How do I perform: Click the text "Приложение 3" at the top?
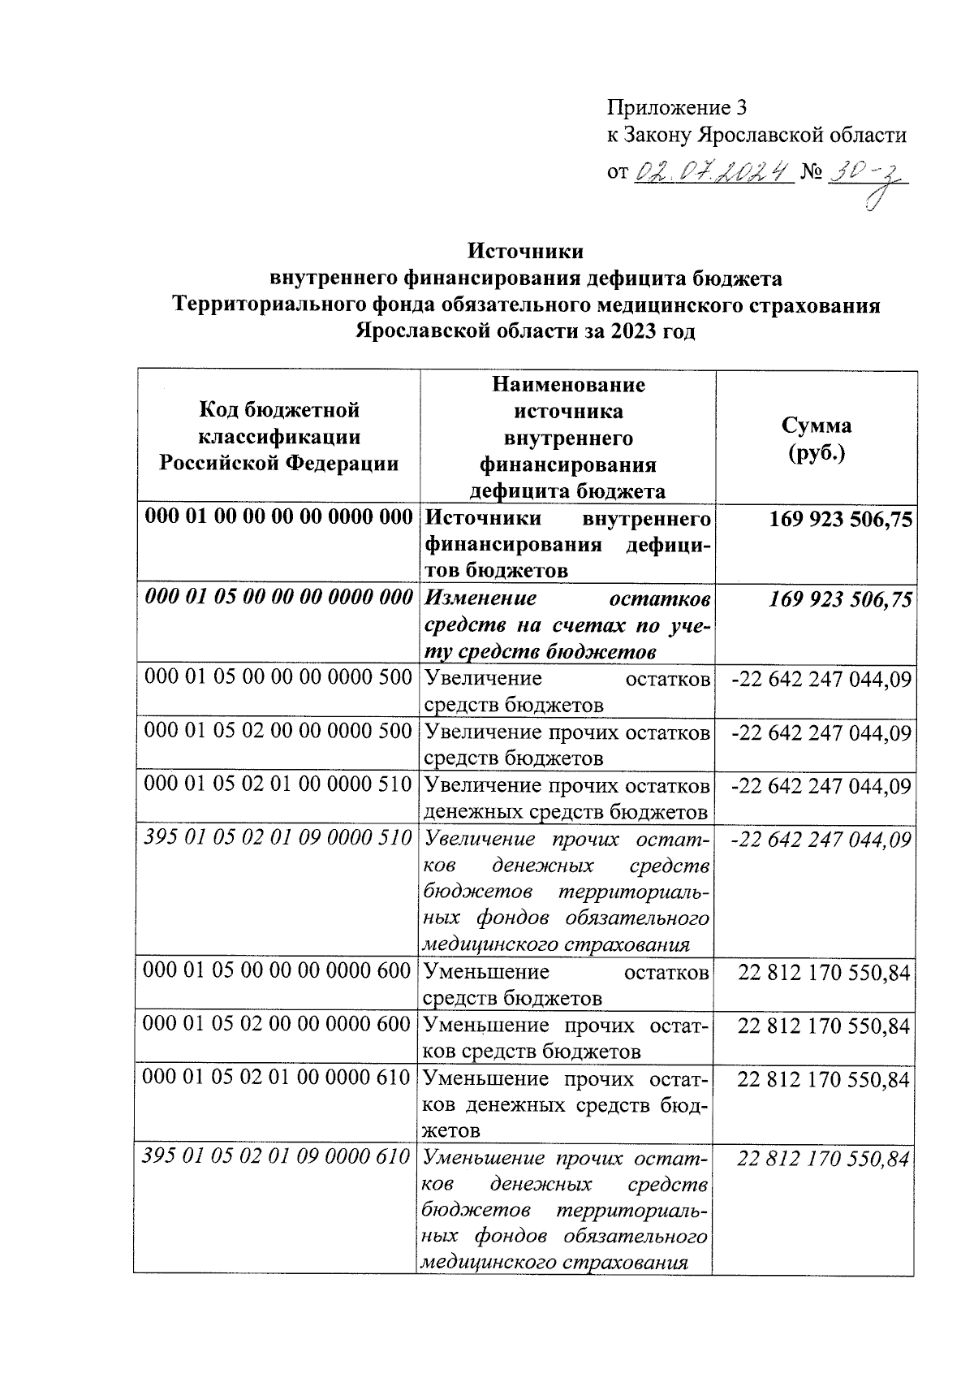tap(676, 107)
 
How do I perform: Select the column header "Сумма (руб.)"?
tap(817, 438)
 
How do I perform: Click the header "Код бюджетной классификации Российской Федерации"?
tap(279, 437)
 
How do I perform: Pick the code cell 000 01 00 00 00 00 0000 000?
tap(279, 517)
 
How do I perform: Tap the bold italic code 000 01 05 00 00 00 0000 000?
tap(279, 598)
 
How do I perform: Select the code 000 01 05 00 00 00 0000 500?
tap(279, 677)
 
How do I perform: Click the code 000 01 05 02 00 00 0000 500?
tap(279, 731)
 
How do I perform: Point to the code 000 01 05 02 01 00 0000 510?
tap(279, 785)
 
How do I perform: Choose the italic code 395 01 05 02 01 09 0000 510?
tap(279, 838)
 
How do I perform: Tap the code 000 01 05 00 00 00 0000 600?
tap(278, 971)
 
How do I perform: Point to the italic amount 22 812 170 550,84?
tap(823, 1159)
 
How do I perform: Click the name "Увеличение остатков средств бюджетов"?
tap(567, 690)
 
